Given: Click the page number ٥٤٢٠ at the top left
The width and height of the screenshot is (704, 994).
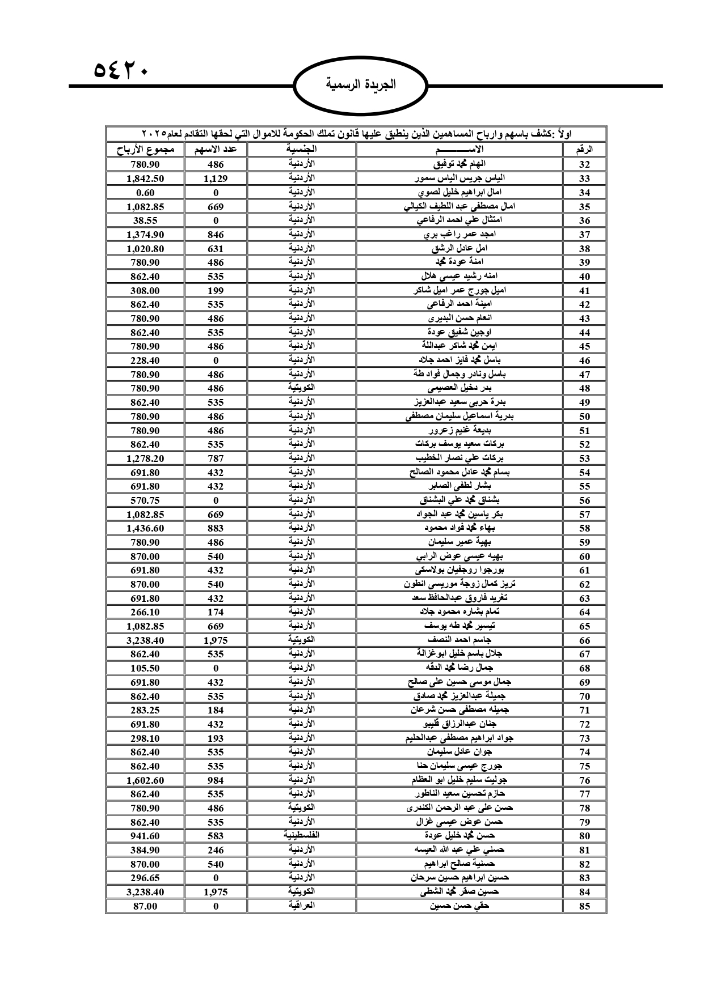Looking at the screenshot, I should [x=120, y=71].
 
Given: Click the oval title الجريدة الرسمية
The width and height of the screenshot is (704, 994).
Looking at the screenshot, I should [x=361, y=86].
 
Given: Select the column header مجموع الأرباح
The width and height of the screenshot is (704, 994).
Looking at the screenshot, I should [x=145, y=150].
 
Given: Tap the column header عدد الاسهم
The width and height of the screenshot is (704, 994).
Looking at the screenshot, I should [x=216, y=150].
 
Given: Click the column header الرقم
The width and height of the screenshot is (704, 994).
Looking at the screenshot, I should [x=584, y=150].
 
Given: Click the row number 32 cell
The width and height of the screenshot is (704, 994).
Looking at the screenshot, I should [x=584, y=164].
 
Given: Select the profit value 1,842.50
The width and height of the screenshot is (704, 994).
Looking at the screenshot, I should [x=145, y=179].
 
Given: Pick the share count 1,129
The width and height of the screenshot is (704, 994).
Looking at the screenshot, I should [x=216, y=179].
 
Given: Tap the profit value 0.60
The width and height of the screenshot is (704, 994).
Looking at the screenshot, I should [x=145, y=193].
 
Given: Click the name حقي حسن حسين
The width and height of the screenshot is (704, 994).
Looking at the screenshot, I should [x=460, y=906].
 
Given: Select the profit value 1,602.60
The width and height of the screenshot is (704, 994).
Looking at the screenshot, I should [x=145, y=780].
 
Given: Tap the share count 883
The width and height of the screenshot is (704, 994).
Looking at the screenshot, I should [x=216, y=528].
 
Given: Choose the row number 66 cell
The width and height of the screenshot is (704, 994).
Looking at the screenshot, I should [x=584, y=640].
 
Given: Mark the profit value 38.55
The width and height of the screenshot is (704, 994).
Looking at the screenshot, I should [x=145, y=220].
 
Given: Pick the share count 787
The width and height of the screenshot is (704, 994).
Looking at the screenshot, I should [x=216, y=458].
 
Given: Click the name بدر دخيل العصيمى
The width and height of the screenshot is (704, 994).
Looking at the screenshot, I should [x=460, y=388].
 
